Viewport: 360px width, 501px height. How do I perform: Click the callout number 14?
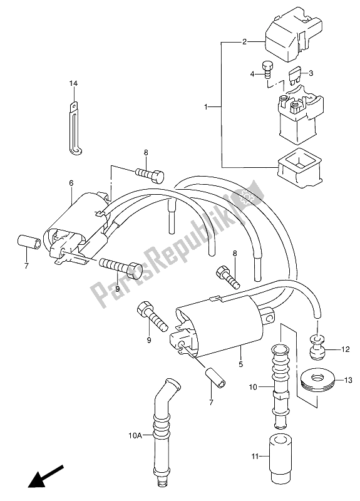tap(73, 84)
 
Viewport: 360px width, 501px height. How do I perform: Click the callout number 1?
tap(206, 106)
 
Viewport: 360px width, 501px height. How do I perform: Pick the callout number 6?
tap(71, 183)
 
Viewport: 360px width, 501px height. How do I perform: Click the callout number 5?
tap(241, 364)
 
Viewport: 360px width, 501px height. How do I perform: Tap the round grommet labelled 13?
tap(318, 381)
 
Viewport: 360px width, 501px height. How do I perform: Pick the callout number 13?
tap(348, 380)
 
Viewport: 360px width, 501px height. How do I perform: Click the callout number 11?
tap(255, 457)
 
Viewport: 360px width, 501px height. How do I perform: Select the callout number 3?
tap(311, 73)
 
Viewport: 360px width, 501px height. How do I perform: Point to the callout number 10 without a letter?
tap(253, 388)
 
